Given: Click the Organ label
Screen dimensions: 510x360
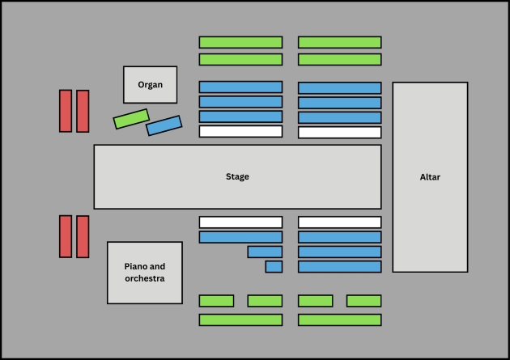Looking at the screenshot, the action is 150,85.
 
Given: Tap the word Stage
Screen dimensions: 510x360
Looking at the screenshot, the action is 237,176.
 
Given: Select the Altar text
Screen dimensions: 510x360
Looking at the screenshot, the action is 430,177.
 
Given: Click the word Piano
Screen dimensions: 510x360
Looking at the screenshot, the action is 134,266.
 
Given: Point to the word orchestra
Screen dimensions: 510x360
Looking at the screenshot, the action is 145,278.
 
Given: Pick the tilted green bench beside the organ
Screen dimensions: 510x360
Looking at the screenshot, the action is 131,119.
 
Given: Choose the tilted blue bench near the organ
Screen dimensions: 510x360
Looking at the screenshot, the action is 164,125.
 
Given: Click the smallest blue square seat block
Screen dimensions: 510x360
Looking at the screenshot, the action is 274,267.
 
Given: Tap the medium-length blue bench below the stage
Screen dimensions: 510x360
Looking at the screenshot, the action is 265,252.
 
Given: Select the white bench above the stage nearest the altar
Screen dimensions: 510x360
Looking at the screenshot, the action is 339,133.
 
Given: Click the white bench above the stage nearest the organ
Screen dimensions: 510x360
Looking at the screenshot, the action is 240,132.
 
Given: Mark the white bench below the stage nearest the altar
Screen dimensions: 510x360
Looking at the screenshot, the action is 339,222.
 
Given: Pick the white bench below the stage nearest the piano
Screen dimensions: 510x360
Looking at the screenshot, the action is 240,222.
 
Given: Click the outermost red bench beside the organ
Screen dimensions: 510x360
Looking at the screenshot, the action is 66,111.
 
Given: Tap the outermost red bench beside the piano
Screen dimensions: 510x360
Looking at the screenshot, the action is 66,236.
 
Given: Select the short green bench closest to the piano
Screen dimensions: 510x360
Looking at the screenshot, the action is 216,301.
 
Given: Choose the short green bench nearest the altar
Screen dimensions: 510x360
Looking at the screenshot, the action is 364,301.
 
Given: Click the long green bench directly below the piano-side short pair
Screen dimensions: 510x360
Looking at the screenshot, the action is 240,320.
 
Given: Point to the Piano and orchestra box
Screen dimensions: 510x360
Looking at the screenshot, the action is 145,273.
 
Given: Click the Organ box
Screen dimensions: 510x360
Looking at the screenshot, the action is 151,85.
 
